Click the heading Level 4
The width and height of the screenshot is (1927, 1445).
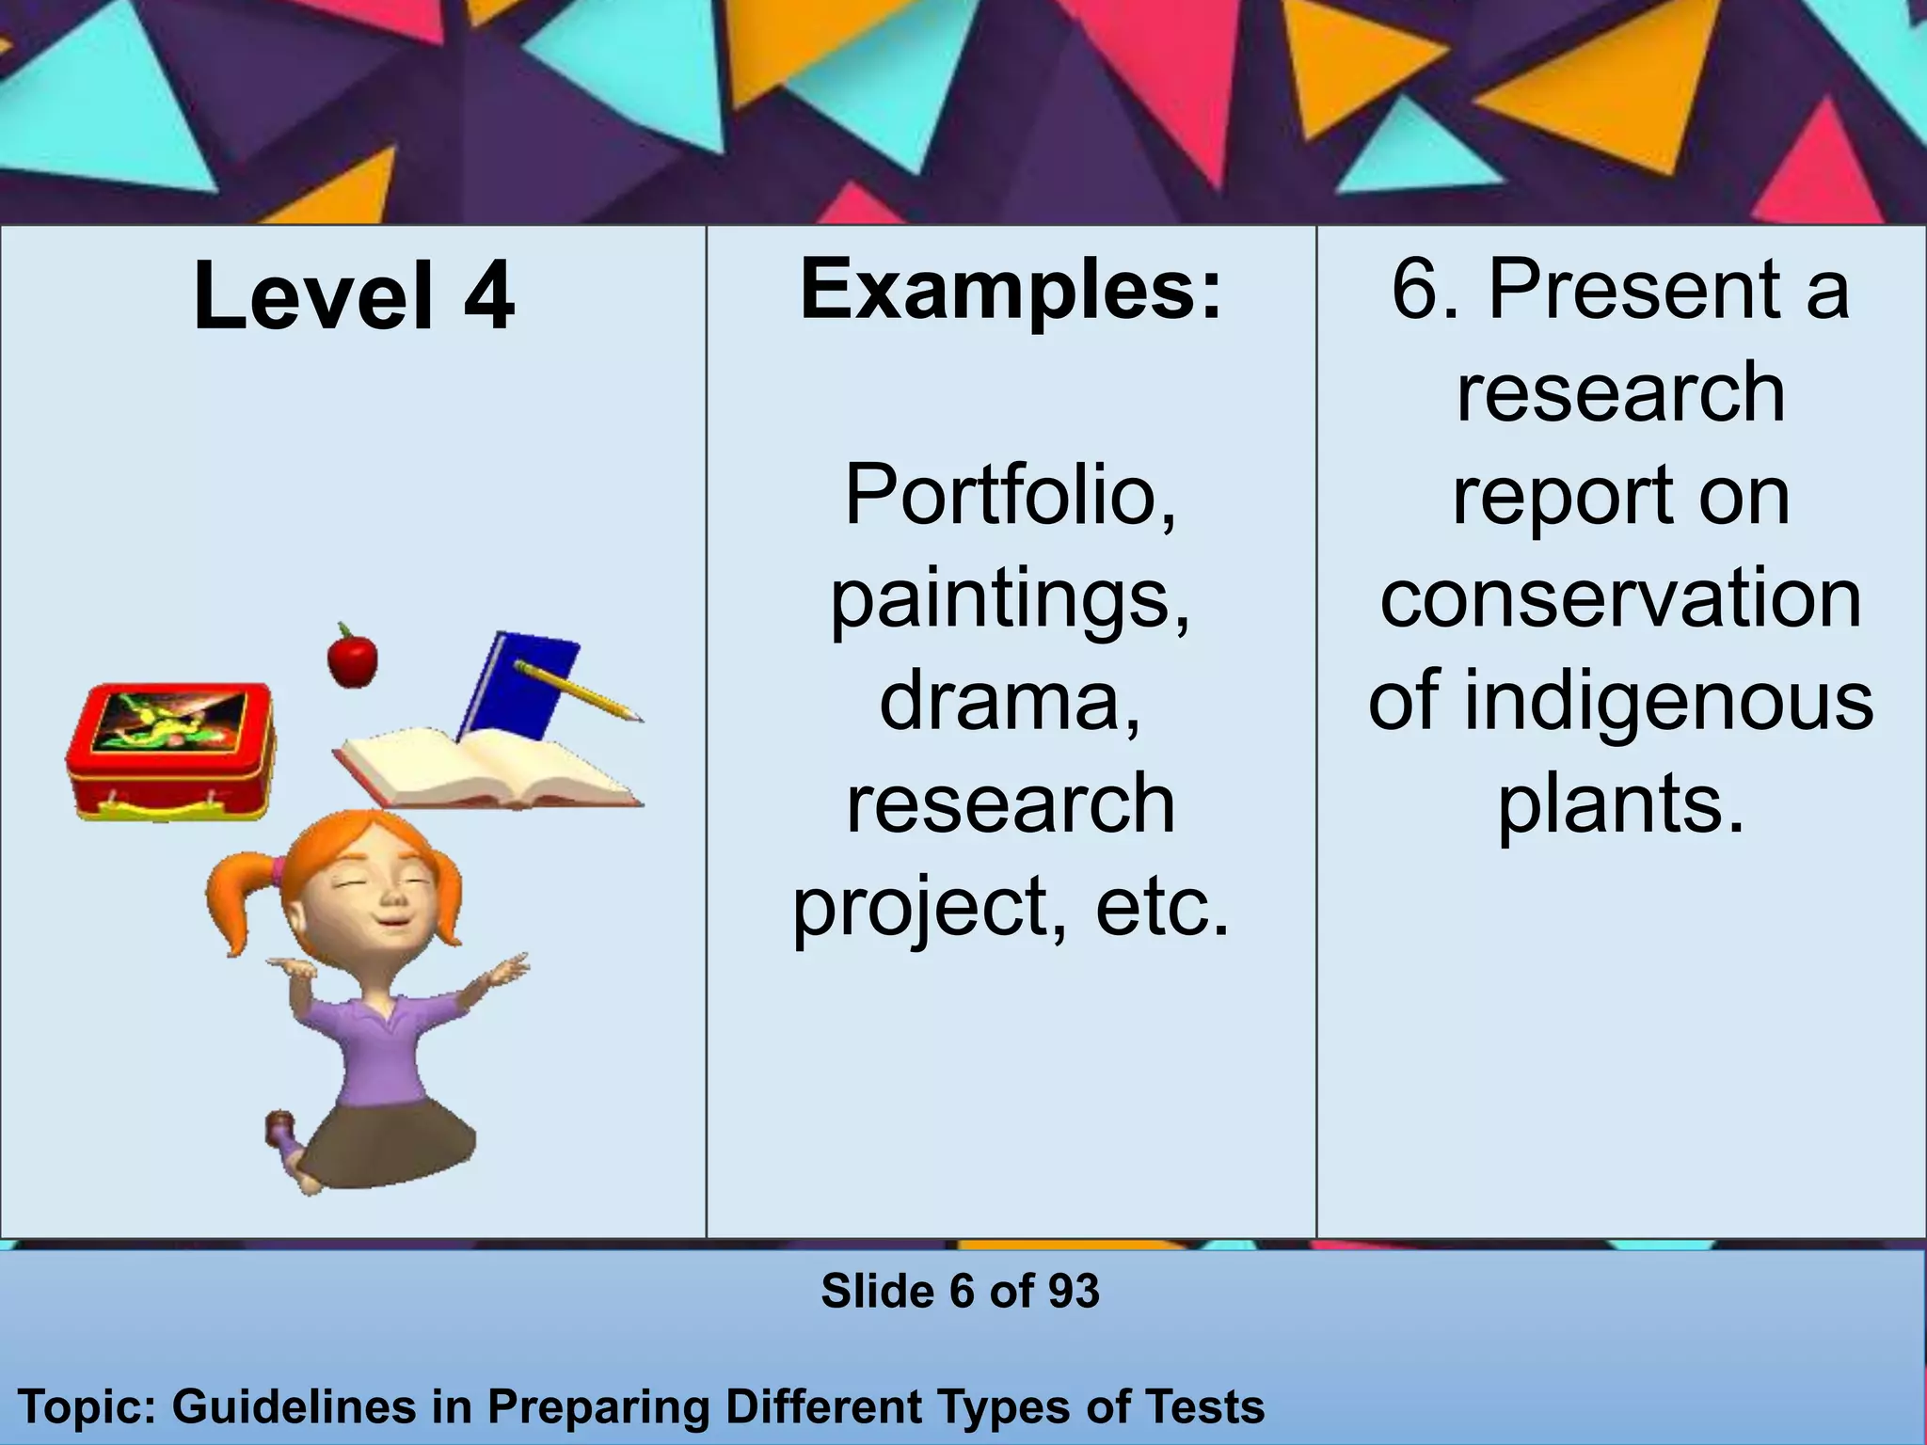click(353, 296)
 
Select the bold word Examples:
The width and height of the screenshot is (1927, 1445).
click(1011, 289)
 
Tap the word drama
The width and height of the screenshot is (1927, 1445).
click(1009, 701)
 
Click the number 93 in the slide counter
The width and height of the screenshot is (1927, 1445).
click(1074, 1291)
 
